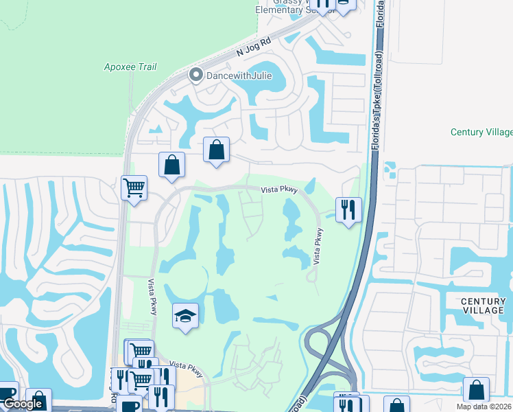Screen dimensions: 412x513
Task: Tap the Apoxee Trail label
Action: [x=130, y=67]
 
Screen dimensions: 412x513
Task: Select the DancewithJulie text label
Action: [x=238, y=76]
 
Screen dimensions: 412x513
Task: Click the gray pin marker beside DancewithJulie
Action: [x=195, y=76]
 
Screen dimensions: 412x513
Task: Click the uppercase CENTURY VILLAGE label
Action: [x=483, y=306]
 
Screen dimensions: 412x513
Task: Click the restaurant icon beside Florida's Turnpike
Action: [x=348, y=209]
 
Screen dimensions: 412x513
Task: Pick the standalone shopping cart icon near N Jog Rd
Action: [x=134, y=187]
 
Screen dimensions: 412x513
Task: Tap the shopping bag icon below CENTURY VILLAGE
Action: [x=476, y=390]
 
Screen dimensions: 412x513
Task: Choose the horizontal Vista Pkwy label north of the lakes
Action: [x=279, y=192]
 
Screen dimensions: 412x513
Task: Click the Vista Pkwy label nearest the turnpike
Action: [x=318, y=247]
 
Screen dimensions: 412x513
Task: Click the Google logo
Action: [x=23, y=404]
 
